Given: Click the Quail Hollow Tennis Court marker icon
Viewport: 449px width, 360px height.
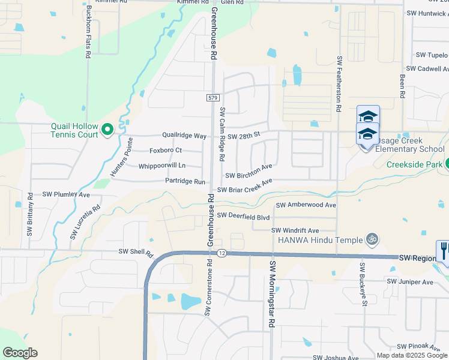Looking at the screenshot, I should click(107, 129).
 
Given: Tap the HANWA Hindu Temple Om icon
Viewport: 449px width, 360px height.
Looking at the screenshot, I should click(372, 239).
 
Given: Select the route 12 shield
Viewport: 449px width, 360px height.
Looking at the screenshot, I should click(221, 253).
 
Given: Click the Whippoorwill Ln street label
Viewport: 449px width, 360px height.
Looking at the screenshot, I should click(162, 166).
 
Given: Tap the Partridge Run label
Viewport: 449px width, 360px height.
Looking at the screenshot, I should click(185, 181).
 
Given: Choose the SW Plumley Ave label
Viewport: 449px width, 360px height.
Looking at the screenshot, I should click(66, 195).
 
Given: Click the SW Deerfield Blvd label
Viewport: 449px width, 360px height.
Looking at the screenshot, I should click(244, 215).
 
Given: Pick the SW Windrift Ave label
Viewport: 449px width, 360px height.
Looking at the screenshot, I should click(295, 230).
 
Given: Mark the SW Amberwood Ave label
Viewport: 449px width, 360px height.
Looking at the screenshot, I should click(306, 205).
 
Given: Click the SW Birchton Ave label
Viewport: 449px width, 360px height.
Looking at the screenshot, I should click(249, 171).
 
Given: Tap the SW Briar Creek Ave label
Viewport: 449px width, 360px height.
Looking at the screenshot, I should click(245, 185).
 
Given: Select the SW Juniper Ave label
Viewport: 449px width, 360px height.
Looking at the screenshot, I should click(410, 281).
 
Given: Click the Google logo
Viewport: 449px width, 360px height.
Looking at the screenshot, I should click(20, 353).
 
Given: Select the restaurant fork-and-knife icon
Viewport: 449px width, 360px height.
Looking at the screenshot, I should click(444, 250).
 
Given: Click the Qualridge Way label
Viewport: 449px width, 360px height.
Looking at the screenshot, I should click(184, 136).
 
